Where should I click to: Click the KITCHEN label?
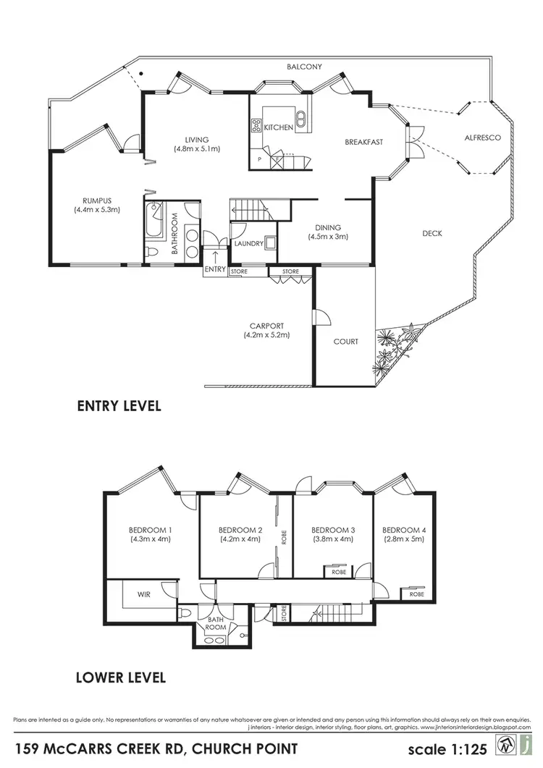click(x=279, y=127)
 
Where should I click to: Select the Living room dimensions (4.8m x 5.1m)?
click(x=196, y=148)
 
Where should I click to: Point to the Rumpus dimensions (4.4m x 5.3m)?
click(x=96, y=210)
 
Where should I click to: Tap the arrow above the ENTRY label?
click(x=215, y=257)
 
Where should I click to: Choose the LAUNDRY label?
click(x=248, y=244)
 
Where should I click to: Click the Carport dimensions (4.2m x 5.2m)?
click(x=267, y=335)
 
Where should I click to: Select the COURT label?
click(x=346, y=342)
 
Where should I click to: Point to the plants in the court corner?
click(x=395, y=346)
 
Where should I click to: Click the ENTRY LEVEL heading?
click(x=119, y=406)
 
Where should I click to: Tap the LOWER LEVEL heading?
click(x=121, y=678)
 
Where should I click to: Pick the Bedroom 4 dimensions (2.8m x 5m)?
click(x=404, y=539)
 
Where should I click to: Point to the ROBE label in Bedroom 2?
click(x=285, y=536)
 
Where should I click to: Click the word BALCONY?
click(x=304, y=67)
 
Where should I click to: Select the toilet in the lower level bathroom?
click(x=187, y=612)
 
